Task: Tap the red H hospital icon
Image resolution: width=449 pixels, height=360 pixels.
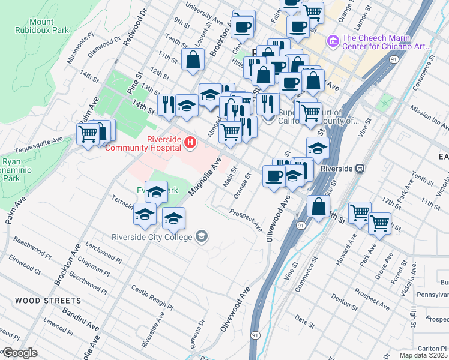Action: pyautogui.click(x=190, y=142)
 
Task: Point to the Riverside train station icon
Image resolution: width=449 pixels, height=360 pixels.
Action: pyautogui.click(x=361, y=169)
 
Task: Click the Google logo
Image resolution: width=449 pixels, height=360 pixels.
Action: pyautogui.click(x=20, y=352)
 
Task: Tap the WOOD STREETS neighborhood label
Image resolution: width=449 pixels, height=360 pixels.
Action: pyautogui.click(x=47, y=300)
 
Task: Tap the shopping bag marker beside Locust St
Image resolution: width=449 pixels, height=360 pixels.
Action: pyautogui.click(x=192, y=60)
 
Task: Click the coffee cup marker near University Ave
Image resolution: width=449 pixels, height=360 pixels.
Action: pyautogui.click(x=243, y=27)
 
